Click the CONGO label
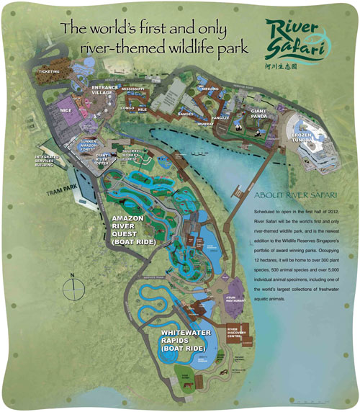(128, 107)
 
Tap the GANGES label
(186, 114)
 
